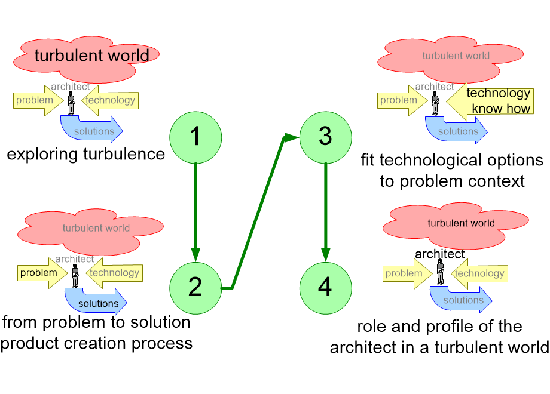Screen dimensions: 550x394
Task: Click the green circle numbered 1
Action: (x=195, y=137)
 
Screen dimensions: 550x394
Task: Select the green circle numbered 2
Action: (x=195, y=288)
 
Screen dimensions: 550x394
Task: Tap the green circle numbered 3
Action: (x=325, y=137)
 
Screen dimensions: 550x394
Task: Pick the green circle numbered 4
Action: (x=325, y=288)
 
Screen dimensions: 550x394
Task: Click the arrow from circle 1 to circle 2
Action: (x=195, y=213)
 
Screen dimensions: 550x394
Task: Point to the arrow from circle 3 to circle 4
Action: (x=325, y=213)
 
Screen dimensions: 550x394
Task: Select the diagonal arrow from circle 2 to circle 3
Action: (x=258, y=213)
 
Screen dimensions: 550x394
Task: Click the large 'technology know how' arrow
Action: (x=490, y=101)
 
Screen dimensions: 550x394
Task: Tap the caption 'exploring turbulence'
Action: (x=86, y=155)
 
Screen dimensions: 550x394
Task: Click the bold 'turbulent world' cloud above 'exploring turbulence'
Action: (x=86, y=59)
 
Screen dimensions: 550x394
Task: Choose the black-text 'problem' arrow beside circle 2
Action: (x=42, y=273)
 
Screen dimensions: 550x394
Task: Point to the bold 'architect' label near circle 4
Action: (x=439, y=254)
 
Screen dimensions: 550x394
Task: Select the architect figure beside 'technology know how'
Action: (x=435, y=103)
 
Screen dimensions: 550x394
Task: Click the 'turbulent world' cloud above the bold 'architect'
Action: (x=456, y=226)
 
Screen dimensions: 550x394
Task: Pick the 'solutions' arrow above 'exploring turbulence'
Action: (x=92, y=129)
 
